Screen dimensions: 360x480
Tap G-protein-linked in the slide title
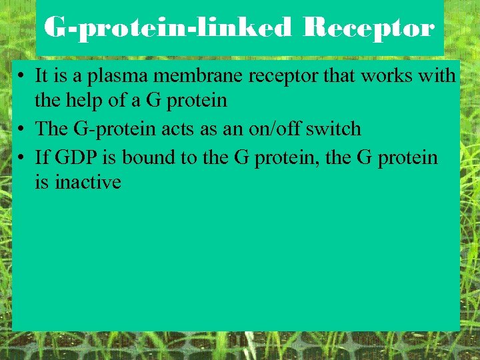[167, 28]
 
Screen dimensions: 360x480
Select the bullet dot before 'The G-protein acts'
[23, 129]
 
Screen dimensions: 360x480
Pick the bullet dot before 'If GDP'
[23, 159]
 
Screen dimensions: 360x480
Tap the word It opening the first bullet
[41, 77]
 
